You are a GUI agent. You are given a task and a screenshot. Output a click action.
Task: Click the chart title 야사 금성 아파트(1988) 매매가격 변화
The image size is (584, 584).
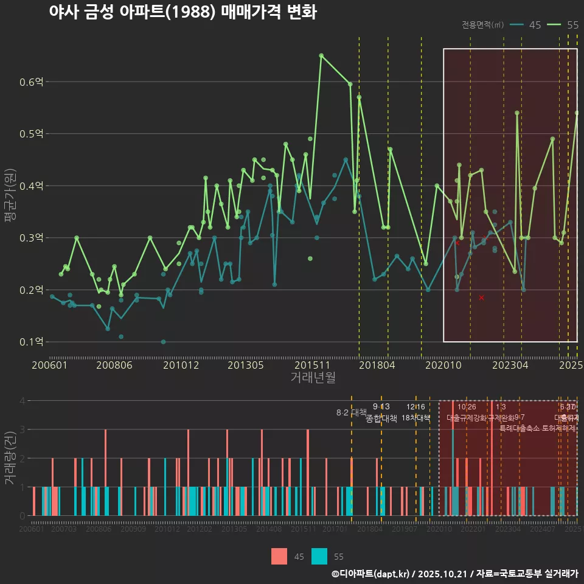[182, 12]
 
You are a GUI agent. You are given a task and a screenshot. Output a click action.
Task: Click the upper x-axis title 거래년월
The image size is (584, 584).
[313, 378]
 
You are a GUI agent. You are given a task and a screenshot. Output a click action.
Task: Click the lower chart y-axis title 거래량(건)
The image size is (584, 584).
[9, 458]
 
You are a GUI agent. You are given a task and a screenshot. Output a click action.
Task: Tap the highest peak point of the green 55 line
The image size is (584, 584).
[321, 55]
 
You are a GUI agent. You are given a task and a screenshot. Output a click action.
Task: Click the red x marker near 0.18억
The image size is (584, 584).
[481, 297]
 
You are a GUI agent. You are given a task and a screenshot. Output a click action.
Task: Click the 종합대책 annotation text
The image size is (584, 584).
[381, 419]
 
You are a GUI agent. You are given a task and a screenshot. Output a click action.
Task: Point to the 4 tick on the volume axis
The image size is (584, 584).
[22, 401]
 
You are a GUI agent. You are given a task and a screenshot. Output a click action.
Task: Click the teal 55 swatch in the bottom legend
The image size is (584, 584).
[319, 556]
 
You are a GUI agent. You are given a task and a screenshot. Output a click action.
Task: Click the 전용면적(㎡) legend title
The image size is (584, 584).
[482, 25]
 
